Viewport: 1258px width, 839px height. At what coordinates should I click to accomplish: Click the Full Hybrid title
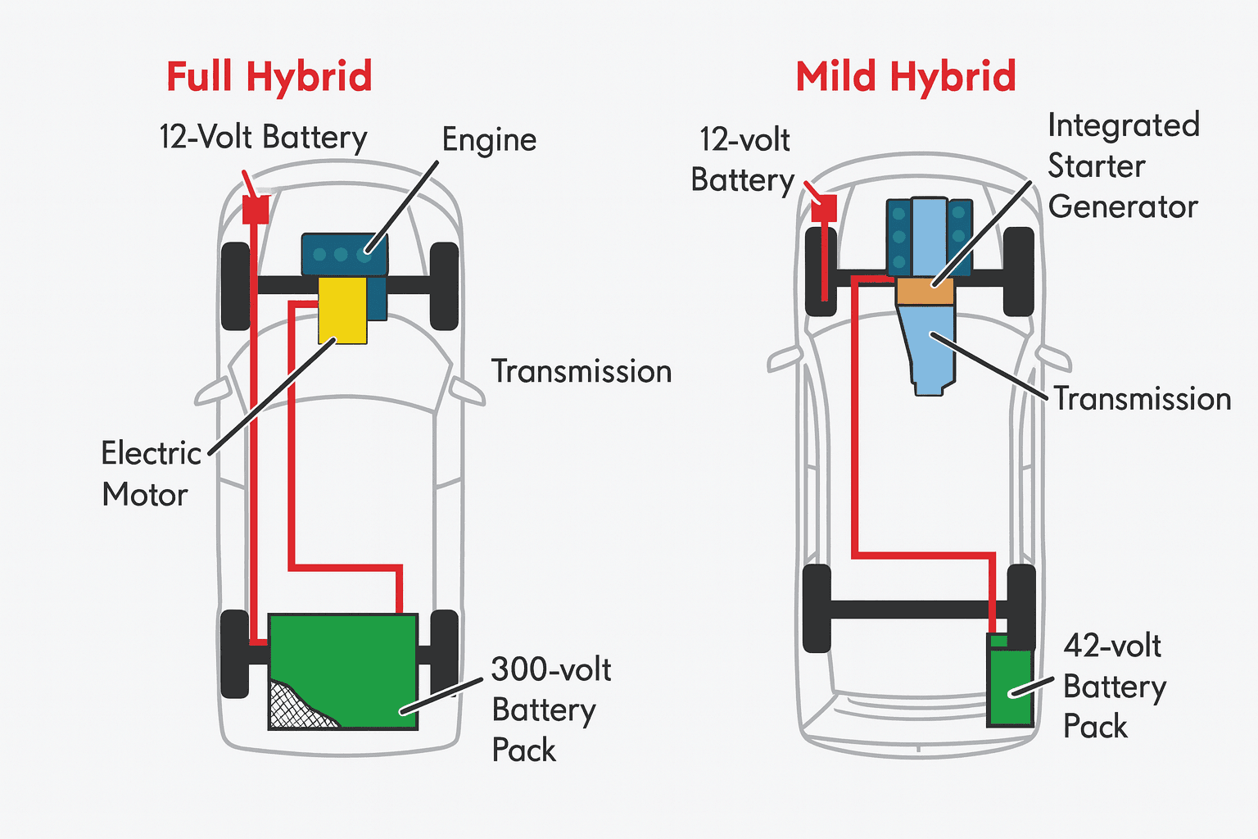pyautogui.click(x=269, y=77)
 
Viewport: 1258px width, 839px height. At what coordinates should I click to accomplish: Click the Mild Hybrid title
pyautogui.click(x=905, y=77)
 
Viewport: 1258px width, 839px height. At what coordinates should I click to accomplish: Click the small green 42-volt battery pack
pyautogui.click(x=1011, y=684)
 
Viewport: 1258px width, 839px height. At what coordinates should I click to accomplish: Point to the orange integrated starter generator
pyautogui.click(x=925, y=292)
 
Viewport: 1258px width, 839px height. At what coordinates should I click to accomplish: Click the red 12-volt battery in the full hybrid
pyautogui.click(x=256, y=210)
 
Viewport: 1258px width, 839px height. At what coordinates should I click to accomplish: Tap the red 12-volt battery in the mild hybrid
pyautogui.click(x=822, y=208)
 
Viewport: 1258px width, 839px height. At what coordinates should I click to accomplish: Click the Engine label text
pyautogui.click(x=489, y=140)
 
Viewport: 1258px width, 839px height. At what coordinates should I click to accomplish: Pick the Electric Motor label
pyautogui.click(x=151, y=474)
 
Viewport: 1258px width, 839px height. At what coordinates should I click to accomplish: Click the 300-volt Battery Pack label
pyautogui.click(x=550, y=710)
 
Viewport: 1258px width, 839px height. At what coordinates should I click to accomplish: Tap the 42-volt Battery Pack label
pyautogui.click(x=1114, y=687)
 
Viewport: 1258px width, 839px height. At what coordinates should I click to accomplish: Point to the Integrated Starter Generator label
pyautogui.click(x=1123, y=166)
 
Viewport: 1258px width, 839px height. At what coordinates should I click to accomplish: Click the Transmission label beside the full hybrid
pyautogui.click(x=581, y=372)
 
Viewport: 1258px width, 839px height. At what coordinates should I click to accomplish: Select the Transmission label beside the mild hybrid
pyautogui.click(x=1142, y=399)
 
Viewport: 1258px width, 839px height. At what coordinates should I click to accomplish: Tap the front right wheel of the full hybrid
pyautogui.click(x=444, y=286)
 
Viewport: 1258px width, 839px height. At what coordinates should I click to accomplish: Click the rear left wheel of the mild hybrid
pyautogui.click(x=817, y=608)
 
